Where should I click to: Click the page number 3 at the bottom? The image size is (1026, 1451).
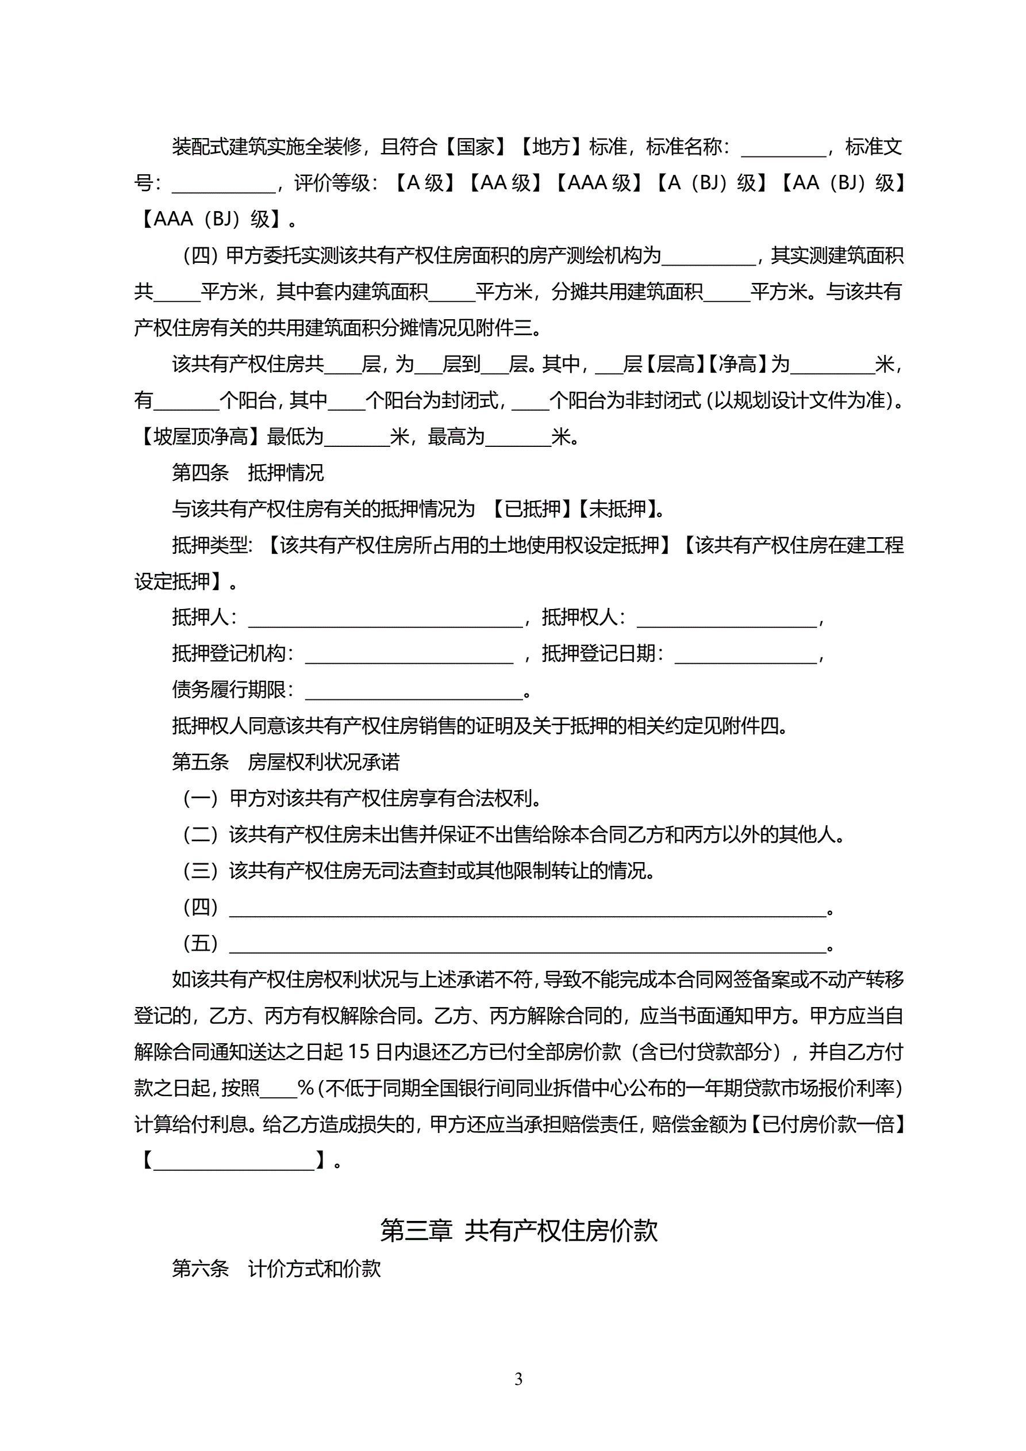(x=518, y=1379)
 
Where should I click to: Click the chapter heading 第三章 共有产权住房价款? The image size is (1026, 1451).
(x=518, y=1230)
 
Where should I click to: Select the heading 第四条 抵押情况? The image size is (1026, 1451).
(x=248, y=472)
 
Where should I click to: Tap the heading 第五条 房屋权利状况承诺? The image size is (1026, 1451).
(x=286, y=761)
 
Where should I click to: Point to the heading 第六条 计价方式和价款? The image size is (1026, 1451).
(x=276, y=1268)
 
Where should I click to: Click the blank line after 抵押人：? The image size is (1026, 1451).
(x=385, y=618)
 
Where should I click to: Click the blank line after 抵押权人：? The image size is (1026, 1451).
(x=727, y=618)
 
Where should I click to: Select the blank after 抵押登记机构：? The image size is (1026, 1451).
(x=409, y=654)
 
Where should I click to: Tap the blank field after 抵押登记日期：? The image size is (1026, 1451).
(x=746, y=654)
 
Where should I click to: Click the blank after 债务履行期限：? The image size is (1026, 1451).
(x=414, y=691)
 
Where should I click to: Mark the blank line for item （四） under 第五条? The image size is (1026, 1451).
(x=528, y=908)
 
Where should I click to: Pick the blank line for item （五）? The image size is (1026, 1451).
(x=528, y=944)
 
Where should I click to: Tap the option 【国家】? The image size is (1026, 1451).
(x=475, y=147)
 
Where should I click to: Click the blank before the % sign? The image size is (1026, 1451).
(x=278, y=1089)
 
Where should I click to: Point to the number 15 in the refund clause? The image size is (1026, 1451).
(x=358, y=1052)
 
